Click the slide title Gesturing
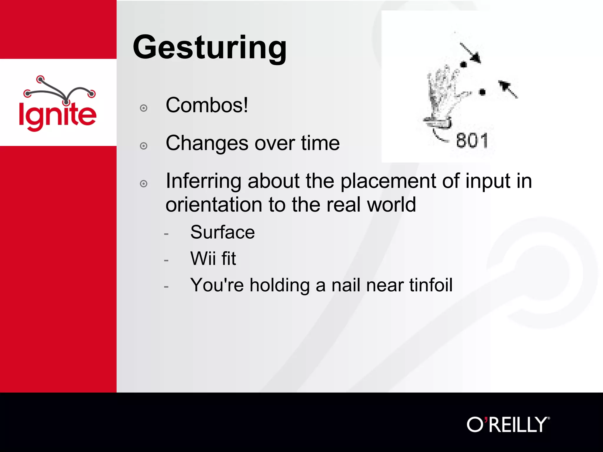pyautogui.click(x=210, y=48)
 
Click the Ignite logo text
pyautogui.click(x=57, y=115)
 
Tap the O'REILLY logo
pyautogui.click(x=508, y=424)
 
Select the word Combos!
pyautogui.click(x=207, y=105)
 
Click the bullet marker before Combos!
pyautogui.click(x=144, y=108)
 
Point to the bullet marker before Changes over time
pyautogui.click(x=144, y=146)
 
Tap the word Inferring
pyautogui.click(x=203, y=181)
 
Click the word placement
pyautogui.click(x=388, y=181)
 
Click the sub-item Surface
pyautogui.click(x=222, y=232)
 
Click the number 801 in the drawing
pyautogui.click(x=472, y=141)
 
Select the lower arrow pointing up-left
pyautogui.click(x=508, y=89)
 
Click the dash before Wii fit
pyautogui.click(x=166, y=260)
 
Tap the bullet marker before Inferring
pyautogui.click(x=144, y=184)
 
